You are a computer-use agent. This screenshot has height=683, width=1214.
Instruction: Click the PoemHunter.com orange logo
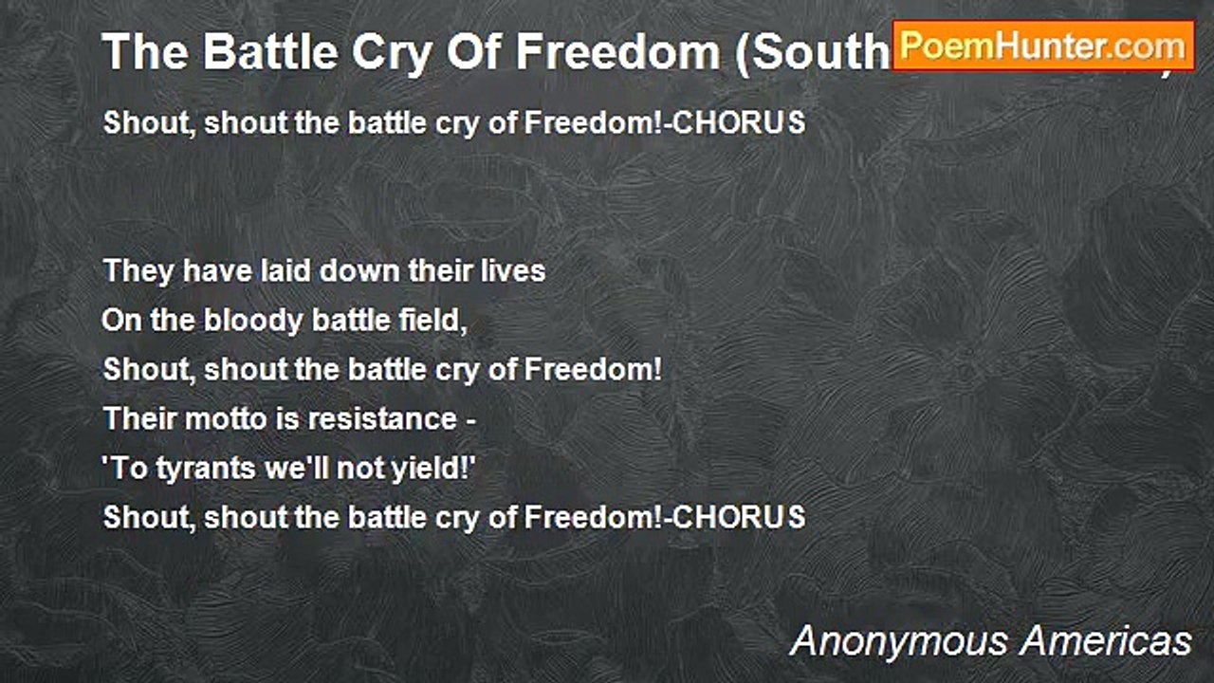tap(1043, 46)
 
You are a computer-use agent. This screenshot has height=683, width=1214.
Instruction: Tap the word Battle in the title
tap(249, 52)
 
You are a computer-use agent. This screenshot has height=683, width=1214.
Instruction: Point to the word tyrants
tap(198, 469)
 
